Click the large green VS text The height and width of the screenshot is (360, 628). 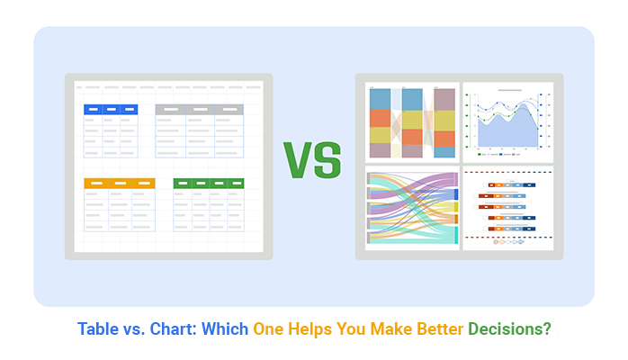(313, 159)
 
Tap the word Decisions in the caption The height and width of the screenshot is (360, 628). (509, 329)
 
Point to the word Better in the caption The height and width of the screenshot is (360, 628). (435, 329)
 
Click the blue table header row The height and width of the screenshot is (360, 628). (111, 110)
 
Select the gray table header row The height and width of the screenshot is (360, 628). (199, 110)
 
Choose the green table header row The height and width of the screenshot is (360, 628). (209, 183)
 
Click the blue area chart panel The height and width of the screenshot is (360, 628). (507, 122)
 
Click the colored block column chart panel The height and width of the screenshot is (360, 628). (413, 122)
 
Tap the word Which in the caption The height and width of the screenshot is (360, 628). (229, 329)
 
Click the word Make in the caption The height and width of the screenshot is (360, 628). (388, 329)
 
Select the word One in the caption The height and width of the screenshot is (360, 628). (268, 329)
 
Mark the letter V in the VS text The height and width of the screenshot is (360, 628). (299, 159)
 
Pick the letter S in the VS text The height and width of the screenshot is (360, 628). (328, 159)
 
